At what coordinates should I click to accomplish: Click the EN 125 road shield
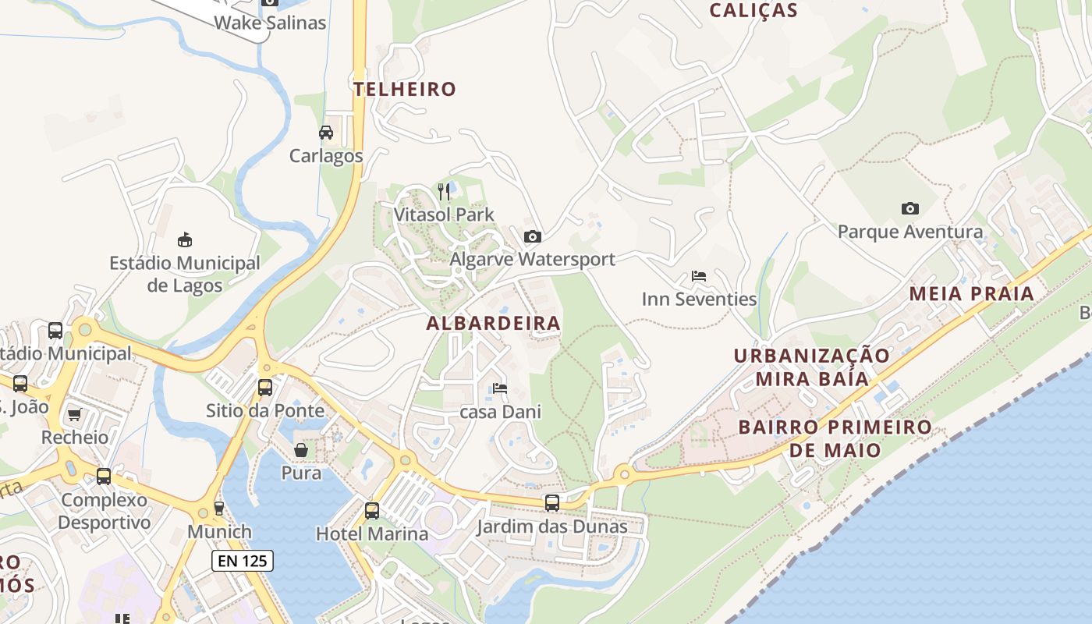point(243,560)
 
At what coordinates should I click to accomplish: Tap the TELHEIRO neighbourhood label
point(404,89)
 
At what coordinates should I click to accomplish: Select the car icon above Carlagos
point(326,133)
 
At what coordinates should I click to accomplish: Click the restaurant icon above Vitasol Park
point(444,191)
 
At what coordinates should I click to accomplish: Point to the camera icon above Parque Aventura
point(909,208)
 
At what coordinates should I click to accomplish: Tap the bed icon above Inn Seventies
point(699,276)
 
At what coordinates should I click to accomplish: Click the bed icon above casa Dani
point(500,388)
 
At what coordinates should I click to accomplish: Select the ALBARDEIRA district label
point(493,323)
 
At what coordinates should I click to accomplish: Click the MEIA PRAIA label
point(972,294)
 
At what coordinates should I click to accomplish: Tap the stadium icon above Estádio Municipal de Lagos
point(185,239)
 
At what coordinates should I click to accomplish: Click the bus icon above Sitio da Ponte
point(265,387)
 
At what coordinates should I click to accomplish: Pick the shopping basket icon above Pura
point(301,450)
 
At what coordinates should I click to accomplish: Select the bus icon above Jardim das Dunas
point(552,503)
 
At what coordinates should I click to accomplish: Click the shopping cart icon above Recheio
point(75,414)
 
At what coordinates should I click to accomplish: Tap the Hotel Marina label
point(372,534)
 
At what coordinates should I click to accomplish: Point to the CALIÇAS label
point(753,10)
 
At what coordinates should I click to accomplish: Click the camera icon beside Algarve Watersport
point(533,236)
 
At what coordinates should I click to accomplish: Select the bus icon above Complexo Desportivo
point(104,476)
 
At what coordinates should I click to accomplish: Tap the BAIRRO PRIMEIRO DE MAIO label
point(835,438)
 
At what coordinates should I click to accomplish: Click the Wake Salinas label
point(270,23)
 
